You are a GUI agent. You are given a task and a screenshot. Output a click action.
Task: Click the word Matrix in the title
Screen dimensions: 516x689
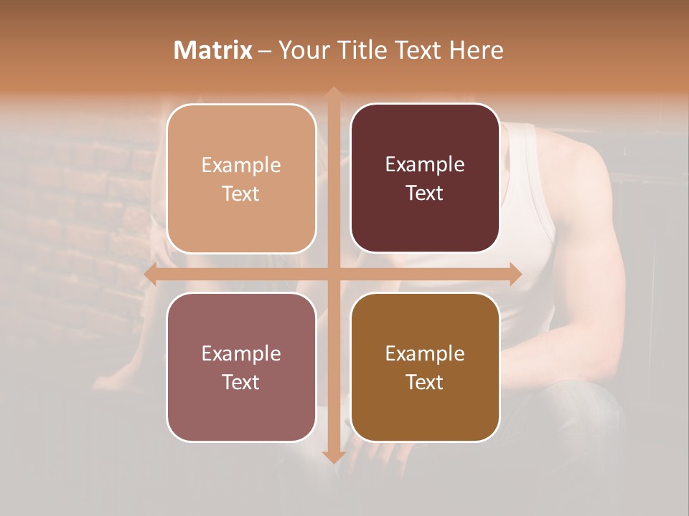213,50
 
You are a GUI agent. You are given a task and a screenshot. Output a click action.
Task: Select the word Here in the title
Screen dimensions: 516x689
477,50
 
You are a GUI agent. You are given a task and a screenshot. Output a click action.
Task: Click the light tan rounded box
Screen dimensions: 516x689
241,179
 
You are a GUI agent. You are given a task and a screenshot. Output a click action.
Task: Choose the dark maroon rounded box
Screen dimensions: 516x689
425,179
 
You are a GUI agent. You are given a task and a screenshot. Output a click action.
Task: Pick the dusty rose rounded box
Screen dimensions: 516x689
241,367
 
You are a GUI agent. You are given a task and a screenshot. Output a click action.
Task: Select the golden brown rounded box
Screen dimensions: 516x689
425,367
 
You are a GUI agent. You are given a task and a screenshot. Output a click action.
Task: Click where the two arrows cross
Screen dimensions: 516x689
333,274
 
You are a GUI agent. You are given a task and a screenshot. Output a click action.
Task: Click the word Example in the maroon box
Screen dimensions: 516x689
425,164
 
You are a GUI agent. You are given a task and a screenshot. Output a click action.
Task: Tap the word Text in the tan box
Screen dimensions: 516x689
241,194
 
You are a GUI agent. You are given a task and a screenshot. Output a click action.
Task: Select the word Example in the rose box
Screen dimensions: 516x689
241,353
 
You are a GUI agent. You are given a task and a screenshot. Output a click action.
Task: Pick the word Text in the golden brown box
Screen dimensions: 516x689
425,383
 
